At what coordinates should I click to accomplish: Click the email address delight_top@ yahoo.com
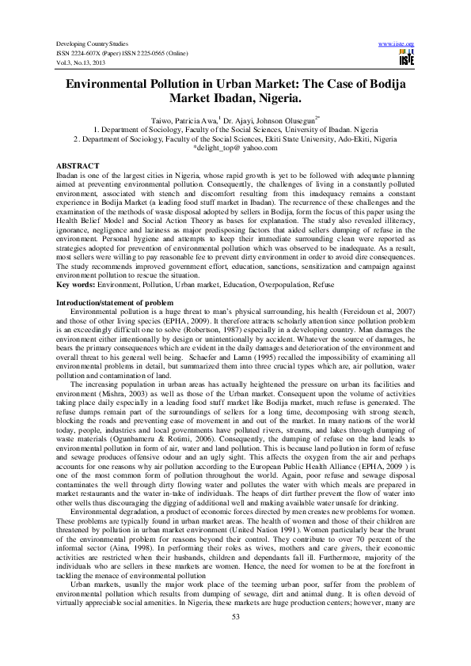[x=237, y=147]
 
